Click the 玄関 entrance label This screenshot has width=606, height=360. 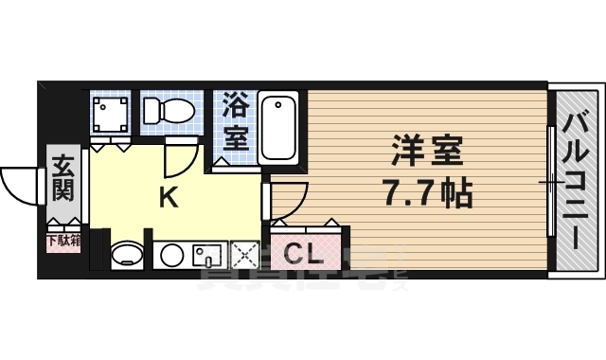click(62, 177)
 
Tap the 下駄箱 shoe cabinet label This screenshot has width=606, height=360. click(62, 241)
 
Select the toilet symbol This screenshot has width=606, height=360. click(167, 110)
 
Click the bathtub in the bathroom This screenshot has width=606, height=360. click(280, 127)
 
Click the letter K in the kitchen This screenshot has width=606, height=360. click(167, 198)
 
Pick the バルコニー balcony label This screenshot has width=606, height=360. click(575, 180)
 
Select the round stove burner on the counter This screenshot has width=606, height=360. click(171, 255)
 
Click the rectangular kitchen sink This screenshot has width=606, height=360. click(206, 255)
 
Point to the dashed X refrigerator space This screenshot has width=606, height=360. click(244, 254)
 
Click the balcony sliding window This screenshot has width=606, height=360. click(549, 180)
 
